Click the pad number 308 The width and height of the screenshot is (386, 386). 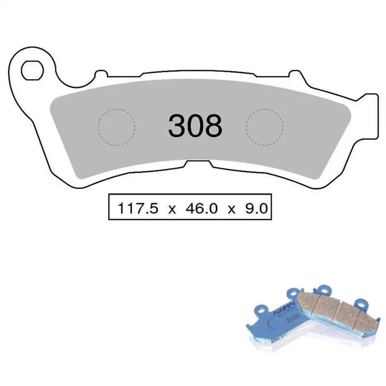pos(195,126)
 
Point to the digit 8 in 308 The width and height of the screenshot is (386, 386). pos(213,126)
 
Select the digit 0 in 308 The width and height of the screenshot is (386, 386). pos(195,126)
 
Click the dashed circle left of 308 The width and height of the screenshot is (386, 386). pos(116,127)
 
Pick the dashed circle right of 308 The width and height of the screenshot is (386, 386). pos(264,126)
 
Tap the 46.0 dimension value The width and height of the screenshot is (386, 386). pos(198,208)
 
